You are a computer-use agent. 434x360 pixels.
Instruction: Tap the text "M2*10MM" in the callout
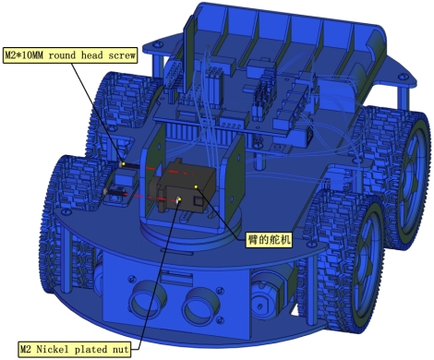tap(25, 55)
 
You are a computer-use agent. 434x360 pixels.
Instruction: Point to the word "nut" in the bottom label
tap(120, 350)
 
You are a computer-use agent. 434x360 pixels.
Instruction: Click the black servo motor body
tap(186, 186)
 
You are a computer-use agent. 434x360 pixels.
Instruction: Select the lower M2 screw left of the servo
tap(115, 192)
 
